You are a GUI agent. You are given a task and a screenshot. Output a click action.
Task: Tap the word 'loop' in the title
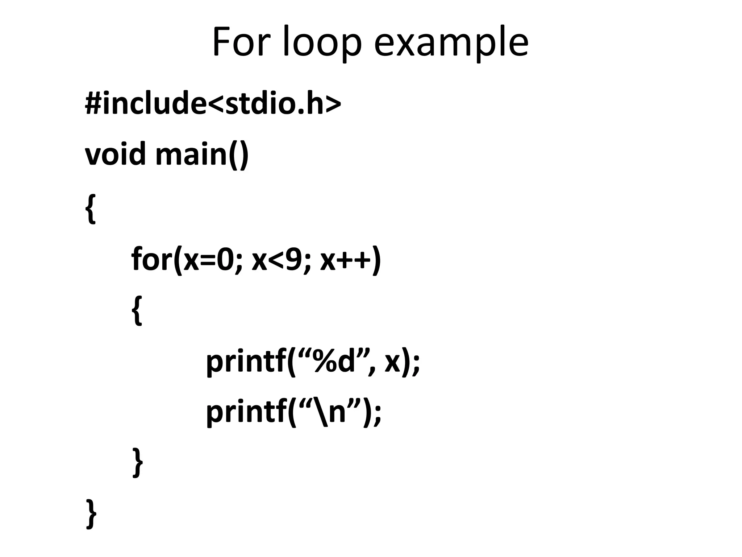click(x=322, y=43)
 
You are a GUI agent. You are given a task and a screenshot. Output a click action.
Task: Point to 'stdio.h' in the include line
click(x=274, y=103)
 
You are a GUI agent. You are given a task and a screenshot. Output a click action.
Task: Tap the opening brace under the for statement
click(x=137, y=310)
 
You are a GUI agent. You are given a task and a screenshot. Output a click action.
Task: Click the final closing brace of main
click(x=91, y=513)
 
